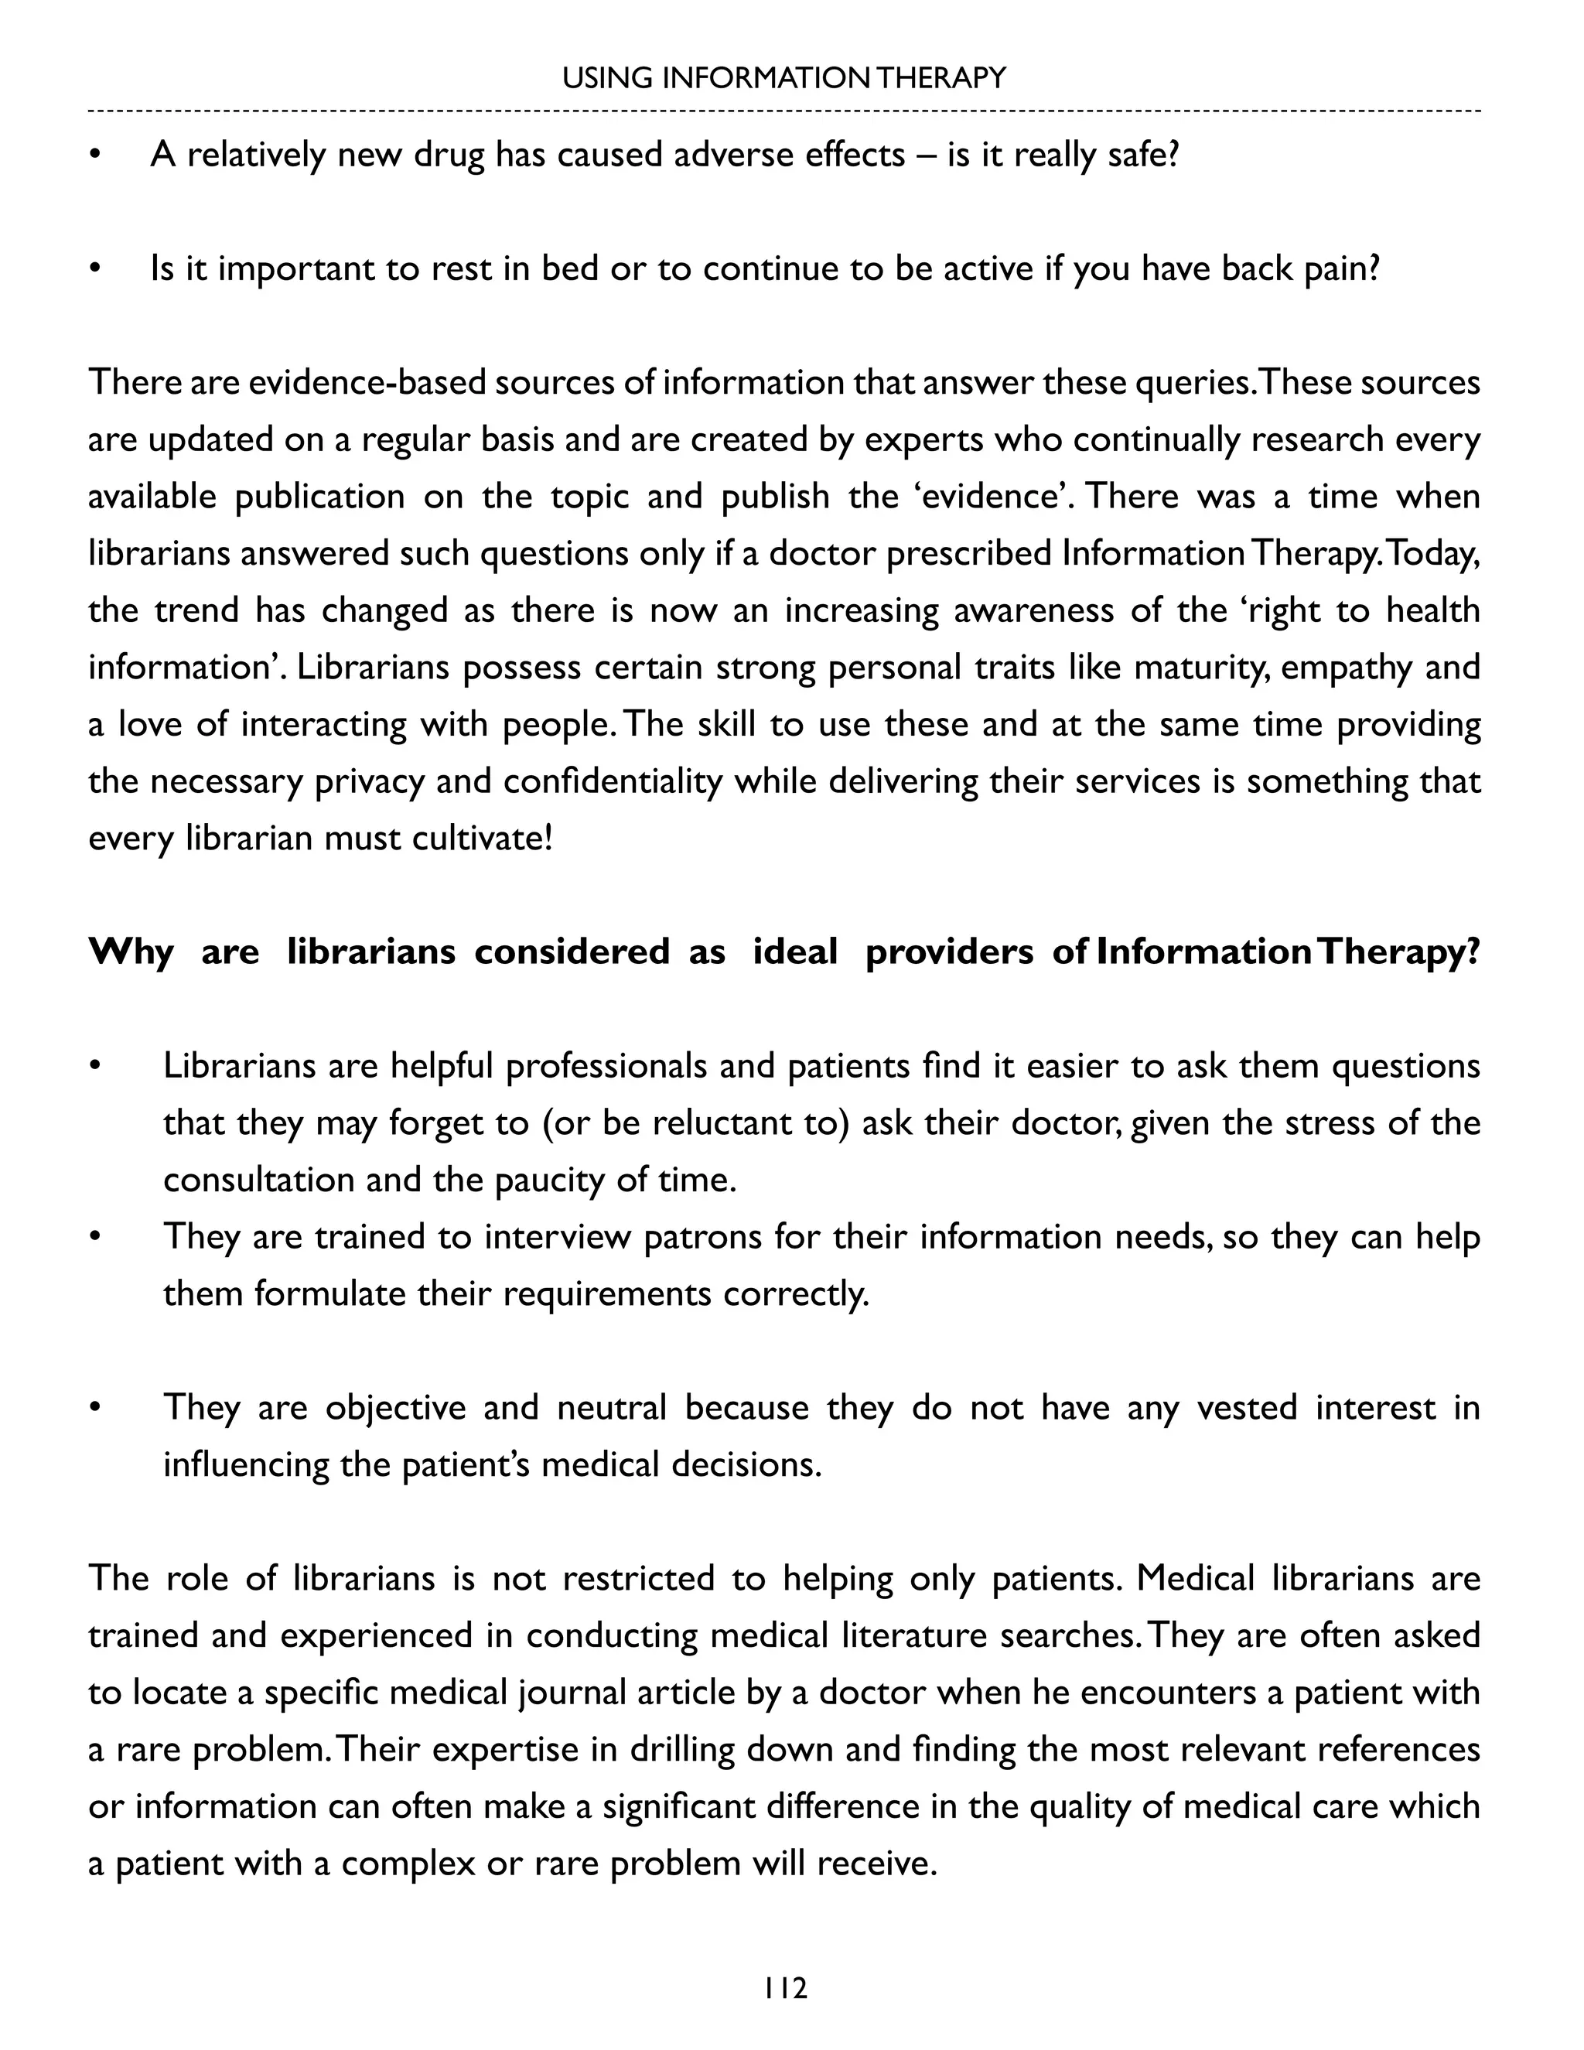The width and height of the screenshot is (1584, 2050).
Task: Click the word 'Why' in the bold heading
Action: coord(131,952)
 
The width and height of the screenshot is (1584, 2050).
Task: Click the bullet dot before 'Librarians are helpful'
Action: coord(94,1068)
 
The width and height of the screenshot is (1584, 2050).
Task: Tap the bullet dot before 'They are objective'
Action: coord(94,1409)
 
